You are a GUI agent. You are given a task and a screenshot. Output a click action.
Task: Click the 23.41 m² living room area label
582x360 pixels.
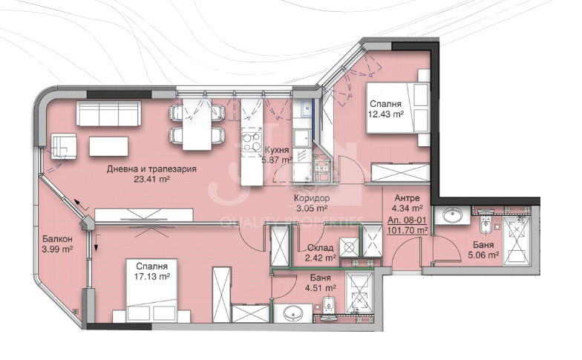pos(151,180)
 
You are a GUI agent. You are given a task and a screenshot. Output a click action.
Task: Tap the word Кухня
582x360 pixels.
pos(278,150)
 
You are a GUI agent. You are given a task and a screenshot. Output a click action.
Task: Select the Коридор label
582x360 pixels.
pos(312,198)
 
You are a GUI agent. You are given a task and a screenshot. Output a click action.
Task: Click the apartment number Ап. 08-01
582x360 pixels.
pos(407,221)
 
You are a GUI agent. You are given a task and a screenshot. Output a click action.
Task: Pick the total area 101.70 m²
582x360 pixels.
pos(407,230)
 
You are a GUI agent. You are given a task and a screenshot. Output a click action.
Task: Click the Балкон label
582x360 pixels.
pos(57,239)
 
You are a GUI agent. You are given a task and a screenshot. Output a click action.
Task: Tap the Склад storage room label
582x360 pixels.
pos(321,248)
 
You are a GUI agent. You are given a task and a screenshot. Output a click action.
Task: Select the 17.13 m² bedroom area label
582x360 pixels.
pos(151,276)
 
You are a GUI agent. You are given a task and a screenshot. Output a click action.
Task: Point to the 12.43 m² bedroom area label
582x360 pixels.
pos(386,114)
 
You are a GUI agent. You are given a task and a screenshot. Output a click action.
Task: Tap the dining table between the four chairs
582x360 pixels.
pos(197,124)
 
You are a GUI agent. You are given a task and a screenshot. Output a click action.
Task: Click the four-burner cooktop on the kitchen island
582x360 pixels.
pos(251,143)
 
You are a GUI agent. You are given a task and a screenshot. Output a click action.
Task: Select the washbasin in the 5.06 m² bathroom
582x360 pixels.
pos(451,215)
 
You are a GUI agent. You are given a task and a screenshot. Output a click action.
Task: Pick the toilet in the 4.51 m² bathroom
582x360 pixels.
pos(329,305)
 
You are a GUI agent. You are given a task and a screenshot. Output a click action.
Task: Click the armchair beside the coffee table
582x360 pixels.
pos(64,145)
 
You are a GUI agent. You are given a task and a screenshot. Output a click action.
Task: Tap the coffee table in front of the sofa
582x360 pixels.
pos(108,146)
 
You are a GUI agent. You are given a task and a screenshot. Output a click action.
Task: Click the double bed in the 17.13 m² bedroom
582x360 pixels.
pos(151,291)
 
